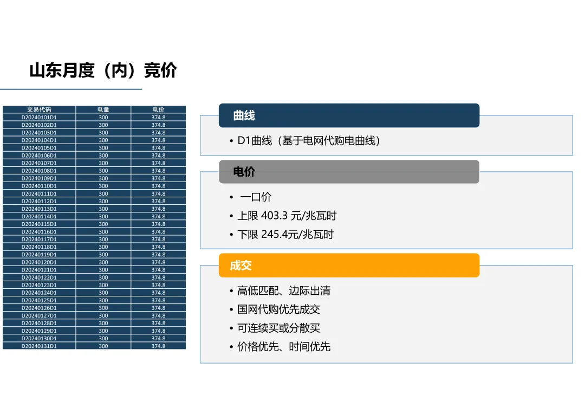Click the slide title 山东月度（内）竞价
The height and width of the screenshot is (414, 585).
103,71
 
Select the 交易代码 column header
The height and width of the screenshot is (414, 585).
39,109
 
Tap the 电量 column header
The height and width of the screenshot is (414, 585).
103,109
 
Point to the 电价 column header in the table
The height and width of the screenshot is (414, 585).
158,109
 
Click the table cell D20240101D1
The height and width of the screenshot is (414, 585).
39,117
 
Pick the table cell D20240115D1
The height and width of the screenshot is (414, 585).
39,224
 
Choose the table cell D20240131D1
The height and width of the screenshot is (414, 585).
39,346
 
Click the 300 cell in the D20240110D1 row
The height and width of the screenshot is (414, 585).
103,186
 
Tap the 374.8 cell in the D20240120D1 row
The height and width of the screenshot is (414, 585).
158,262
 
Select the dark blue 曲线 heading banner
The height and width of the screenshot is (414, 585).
349,115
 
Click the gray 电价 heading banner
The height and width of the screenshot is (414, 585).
349,172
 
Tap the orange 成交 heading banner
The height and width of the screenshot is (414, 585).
349,266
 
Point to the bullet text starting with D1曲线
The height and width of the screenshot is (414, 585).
309,141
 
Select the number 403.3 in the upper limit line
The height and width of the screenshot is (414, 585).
274,216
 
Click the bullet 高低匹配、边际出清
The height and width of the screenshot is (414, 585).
284,290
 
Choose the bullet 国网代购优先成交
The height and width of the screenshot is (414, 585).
278,309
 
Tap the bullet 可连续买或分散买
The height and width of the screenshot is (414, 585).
278,328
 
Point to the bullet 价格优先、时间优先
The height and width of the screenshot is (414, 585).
284,347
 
